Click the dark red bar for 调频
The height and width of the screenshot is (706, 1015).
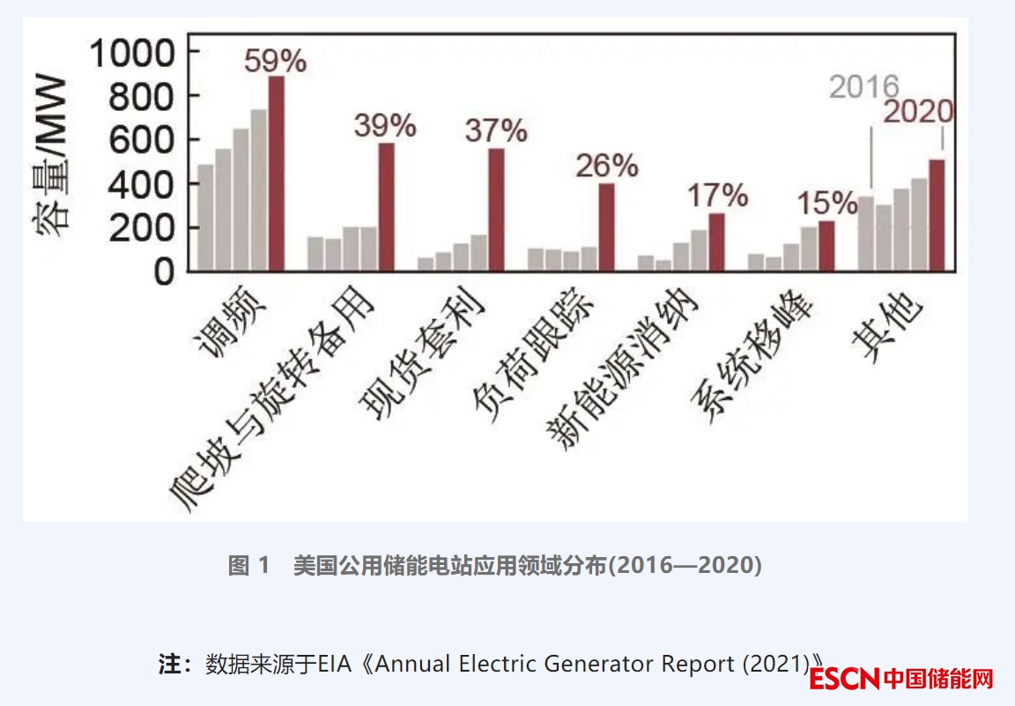(276, 174)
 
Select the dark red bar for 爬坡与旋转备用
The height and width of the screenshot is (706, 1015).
(386, 207)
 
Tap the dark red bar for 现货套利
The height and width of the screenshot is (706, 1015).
(496, 210)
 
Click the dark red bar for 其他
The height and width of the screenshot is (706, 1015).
(936, 215)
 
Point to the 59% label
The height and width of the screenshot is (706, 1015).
(275, 62)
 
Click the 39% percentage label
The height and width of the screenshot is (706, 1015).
(385, 126)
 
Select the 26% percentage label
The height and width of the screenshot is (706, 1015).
(606, 166)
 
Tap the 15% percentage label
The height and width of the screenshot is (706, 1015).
(826, 204)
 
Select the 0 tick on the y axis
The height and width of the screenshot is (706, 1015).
(166, 271)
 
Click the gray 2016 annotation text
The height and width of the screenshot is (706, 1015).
(864, 87)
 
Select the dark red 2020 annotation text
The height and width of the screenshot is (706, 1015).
(918, 112)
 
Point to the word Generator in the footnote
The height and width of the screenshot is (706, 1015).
(596, 663)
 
